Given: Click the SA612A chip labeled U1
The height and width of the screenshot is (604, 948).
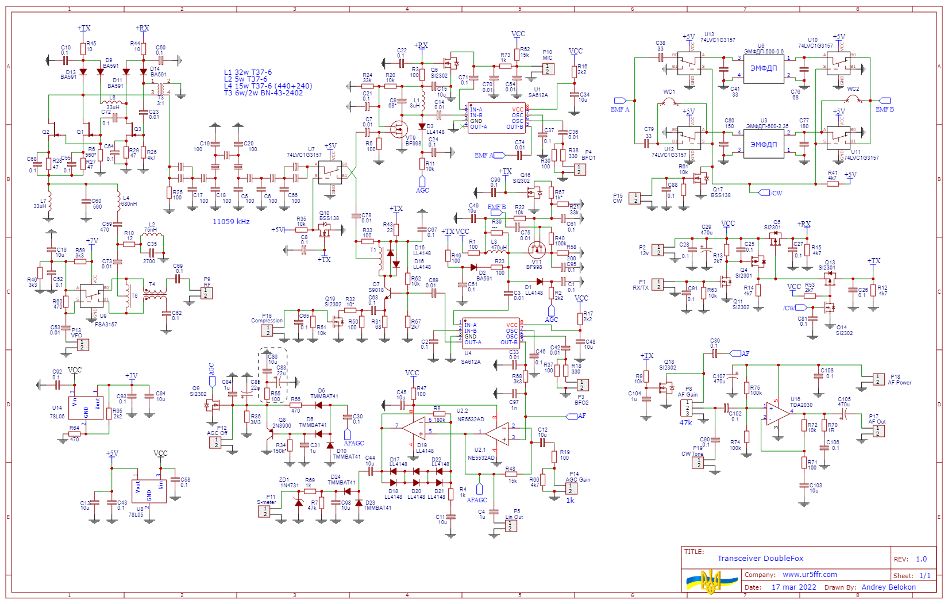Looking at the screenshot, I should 497,118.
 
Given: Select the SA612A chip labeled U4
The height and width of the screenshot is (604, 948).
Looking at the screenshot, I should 491,334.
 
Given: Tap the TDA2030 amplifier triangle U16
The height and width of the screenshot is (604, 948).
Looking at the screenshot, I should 777,413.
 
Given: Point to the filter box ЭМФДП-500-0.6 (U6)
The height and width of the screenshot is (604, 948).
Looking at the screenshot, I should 764,68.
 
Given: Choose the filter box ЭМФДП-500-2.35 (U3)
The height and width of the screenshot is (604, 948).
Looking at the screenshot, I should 764,144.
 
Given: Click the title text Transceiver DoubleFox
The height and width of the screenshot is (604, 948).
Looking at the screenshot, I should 760,558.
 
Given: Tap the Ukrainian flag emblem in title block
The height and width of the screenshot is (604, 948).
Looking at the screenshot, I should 711,582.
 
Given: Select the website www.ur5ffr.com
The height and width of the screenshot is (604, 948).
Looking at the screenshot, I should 810,574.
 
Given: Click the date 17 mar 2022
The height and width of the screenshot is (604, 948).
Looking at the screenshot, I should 793,587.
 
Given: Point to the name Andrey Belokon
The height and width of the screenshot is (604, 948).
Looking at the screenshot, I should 888,587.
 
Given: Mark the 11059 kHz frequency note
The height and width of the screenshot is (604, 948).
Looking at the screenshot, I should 231,221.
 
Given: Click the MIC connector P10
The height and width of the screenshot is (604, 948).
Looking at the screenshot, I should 548,69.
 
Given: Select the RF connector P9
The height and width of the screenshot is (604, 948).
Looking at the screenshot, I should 206,293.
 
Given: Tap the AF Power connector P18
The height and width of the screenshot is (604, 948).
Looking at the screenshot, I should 878,379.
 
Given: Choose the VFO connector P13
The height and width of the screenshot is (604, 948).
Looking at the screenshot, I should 83,345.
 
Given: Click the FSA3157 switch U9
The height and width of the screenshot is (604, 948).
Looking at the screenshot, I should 91,295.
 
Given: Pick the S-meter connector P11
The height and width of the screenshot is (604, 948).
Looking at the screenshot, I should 264,511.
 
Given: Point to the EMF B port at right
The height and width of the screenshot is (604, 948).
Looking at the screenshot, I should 885,101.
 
